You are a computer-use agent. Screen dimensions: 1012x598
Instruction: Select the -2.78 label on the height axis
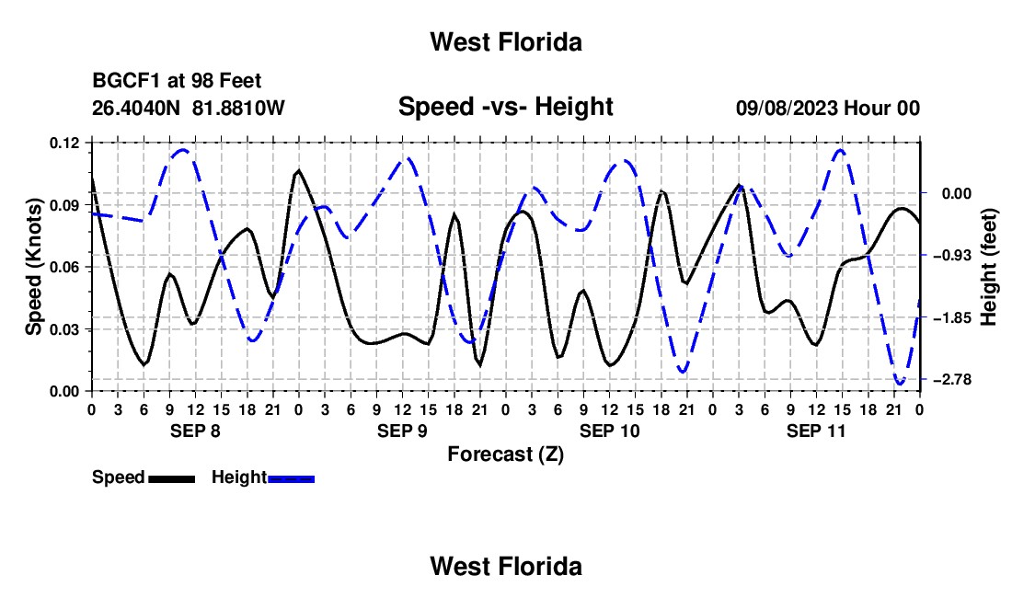click(952, 379)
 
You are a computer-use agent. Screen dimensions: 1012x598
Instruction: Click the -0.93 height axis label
click(952, 256)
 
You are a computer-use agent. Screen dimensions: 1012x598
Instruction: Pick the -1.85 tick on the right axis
click(952, 317)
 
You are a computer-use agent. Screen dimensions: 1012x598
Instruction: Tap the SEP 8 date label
click(195, 431)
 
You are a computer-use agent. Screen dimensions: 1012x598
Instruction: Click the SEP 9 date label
click(402, 431)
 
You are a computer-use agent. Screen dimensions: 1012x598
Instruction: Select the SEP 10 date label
click(609, 431)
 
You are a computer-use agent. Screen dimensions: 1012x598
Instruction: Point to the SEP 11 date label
click(816, 431)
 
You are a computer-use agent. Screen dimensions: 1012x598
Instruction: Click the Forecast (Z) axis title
click(506, 454)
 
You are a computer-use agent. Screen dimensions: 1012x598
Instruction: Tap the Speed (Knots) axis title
click(33, 267)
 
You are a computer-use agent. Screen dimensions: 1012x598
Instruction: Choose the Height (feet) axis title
click(988, 267)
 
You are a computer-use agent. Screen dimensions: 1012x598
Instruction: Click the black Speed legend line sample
click(172, 478)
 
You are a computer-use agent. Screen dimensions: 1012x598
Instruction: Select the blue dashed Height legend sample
click(291, 478)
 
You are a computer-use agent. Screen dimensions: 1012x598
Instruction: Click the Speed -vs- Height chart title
click(506, 107)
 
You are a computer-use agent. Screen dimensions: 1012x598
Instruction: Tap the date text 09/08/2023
click(788, 108)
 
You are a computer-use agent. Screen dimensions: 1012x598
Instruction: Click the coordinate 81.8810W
click(238, 108)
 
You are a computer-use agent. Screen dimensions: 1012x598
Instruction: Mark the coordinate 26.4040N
click(136, 108)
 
